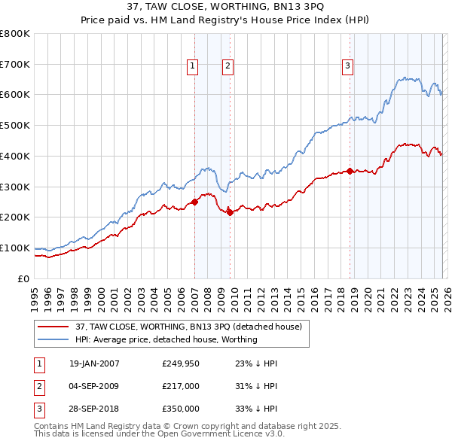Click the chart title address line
(225, 7)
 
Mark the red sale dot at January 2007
(194, 202)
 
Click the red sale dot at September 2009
(230, 211)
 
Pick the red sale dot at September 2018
(350, 171)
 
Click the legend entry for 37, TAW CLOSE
(188, 327)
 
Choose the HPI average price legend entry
(166, 339)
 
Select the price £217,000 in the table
(181, 386)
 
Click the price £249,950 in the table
(181, 363)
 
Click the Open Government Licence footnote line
(159, 434)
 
